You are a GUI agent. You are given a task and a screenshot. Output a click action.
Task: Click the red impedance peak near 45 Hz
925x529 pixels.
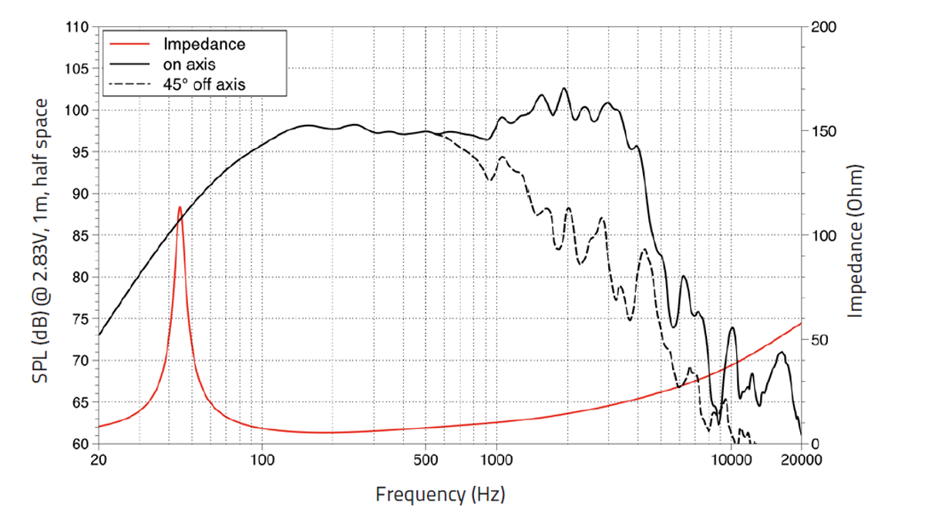180,207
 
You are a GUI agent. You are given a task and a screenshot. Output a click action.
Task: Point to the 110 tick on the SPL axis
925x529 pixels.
77,27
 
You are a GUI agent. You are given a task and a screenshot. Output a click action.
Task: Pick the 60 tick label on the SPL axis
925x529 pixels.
80,444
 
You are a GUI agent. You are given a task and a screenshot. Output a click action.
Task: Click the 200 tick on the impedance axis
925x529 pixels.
823,27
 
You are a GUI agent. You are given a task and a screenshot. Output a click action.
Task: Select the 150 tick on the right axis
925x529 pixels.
823,132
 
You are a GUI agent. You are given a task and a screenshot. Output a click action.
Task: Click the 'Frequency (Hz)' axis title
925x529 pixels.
440,494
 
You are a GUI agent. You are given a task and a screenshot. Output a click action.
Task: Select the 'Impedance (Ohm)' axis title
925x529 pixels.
856,241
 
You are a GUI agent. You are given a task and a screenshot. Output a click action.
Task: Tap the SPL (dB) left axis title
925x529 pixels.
40,241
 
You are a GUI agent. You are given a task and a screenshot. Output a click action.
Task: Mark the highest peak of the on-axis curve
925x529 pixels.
563,88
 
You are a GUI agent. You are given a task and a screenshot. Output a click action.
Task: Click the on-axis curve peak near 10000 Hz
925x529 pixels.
732,328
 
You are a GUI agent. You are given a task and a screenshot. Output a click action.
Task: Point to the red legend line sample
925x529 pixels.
129,44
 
